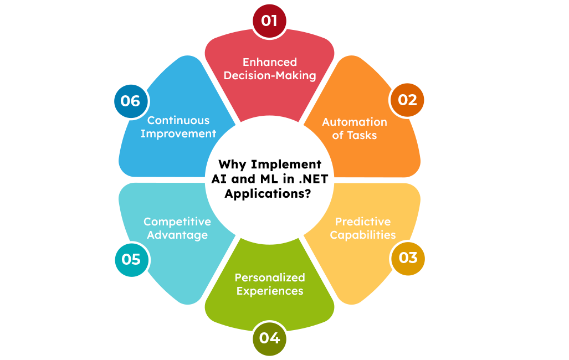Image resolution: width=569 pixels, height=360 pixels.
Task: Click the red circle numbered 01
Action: click(269, 21)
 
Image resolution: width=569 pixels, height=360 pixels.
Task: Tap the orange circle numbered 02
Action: click(407, 100)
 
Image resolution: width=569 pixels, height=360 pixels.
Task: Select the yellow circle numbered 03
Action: click(408, 258)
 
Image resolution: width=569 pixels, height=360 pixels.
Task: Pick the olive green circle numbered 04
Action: click(269, 337)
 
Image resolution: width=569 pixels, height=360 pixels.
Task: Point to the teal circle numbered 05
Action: click(131, 259)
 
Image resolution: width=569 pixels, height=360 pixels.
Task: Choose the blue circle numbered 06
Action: click(131, 101)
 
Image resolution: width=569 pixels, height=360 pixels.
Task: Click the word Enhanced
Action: click(269, 62)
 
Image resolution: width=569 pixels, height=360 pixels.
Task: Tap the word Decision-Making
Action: click(269, 75)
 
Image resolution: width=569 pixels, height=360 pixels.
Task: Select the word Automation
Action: click(355, 122)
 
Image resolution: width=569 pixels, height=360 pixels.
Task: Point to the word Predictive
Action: click(363, 222)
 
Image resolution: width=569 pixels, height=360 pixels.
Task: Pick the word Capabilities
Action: click(363, 235)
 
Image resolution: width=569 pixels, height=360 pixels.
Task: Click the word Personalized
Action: click(270, 277)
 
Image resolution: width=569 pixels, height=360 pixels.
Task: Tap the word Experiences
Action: click(270, 291)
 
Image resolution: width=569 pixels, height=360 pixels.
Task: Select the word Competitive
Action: click(177, 222)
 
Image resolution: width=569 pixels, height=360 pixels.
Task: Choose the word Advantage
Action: click(177, 235)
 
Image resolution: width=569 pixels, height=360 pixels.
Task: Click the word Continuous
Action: click(178, 120)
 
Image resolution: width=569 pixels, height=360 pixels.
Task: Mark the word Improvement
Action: click(178, 133)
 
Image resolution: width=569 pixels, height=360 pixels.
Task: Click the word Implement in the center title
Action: click(286, 164)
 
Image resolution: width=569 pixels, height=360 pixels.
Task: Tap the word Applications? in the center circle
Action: click(270, 194)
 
